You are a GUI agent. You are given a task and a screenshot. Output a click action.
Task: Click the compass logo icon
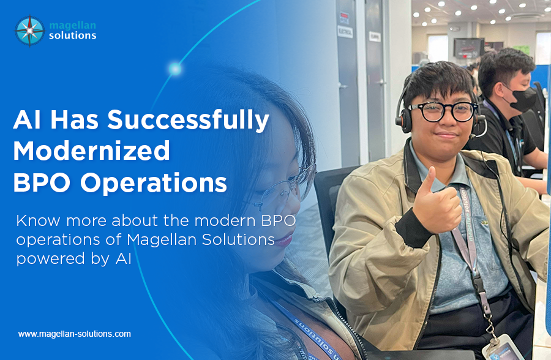[29, 31]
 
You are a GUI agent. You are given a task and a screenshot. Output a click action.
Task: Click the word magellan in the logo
[72, 24]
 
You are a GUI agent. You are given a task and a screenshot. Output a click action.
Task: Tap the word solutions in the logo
[72, 36]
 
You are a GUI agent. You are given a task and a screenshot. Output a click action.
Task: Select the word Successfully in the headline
[188, 121]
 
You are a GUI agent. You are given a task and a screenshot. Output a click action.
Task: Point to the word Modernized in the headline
[91, 150]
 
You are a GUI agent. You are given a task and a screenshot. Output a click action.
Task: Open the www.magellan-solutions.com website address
[75, 334]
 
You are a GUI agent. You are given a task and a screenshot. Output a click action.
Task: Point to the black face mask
[520, 97]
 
